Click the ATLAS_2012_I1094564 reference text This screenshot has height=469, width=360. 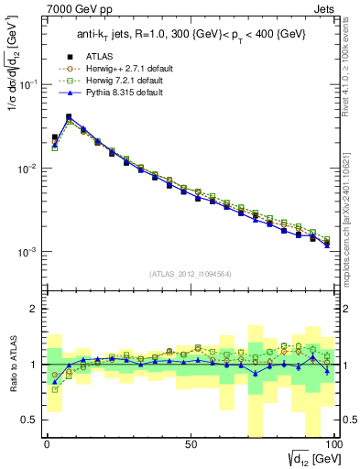[190, 274]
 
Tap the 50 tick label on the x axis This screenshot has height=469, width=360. [191, 442]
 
